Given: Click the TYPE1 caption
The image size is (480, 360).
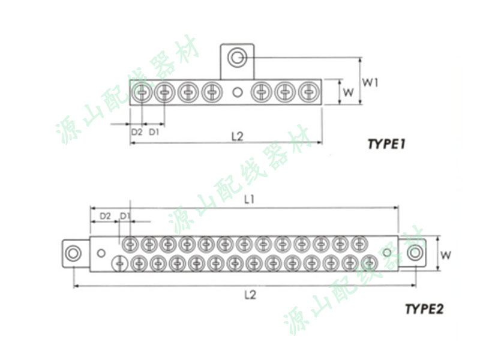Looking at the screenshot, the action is coord(386,144).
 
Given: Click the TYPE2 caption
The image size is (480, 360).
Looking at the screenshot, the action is coord(424,309).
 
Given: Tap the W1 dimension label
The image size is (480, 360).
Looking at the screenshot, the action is coord(370,82).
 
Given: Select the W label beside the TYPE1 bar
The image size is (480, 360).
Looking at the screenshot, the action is coord(349,92).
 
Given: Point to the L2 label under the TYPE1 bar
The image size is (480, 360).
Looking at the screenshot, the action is coord(237,136).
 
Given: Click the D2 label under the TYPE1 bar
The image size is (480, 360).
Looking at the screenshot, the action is coord(137,132).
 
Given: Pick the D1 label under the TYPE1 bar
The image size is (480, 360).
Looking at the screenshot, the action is coord(154,132).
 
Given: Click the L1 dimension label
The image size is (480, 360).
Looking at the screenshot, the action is coord(249,200).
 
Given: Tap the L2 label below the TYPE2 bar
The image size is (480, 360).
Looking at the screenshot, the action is coord(250,295).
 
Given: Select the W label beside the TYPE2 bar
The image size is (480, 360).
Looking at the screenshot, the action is coord(445,254).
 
